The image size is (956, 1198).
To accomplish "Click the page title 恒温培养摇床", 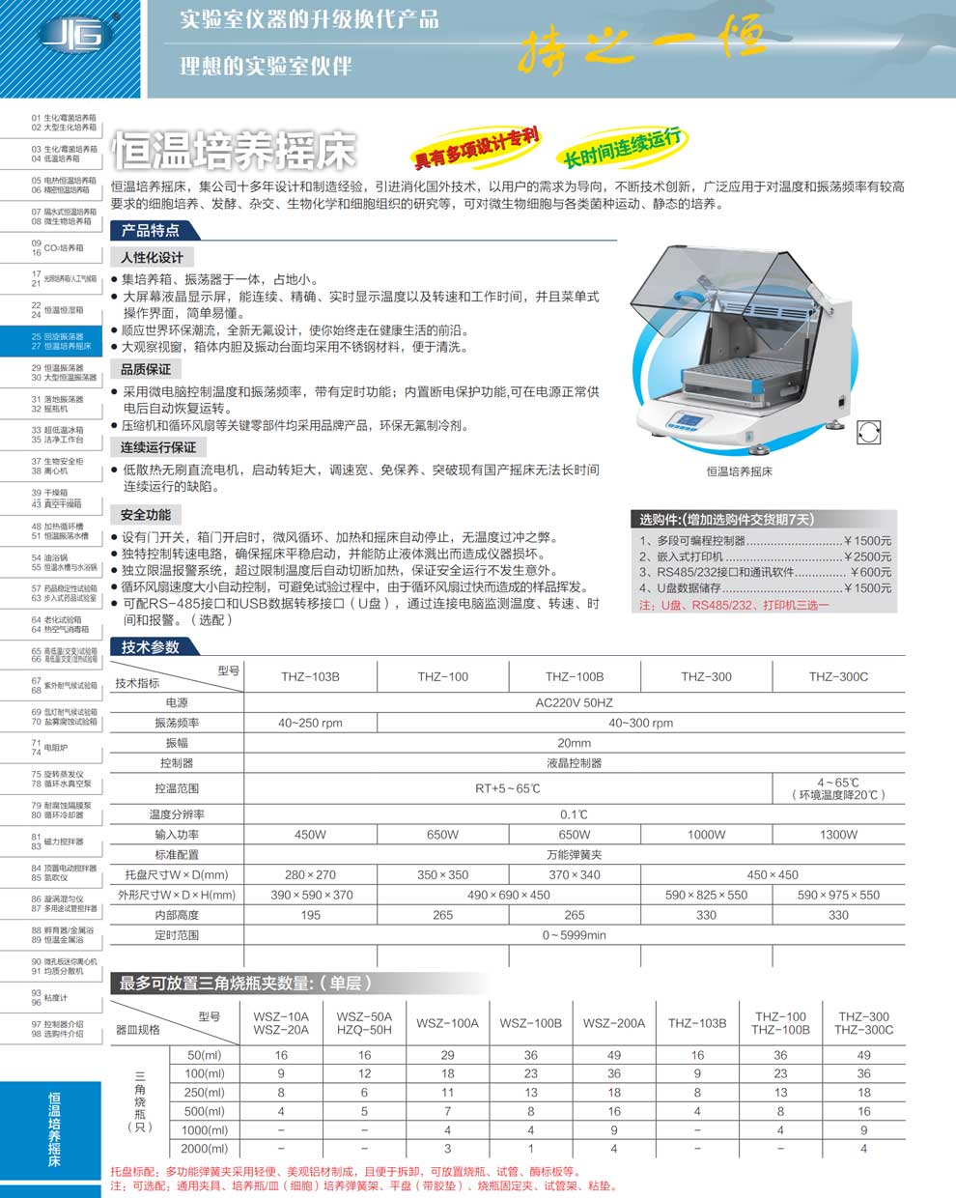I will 234,150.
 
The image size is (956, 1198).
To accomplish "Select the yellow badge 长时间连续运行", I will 622,148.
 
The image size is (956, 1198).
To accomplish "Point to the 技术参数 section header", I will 151,647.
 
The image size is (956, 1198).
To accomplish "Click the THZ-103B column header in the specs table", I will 310,676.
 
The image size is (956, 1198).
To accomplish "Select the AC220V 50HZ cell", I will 574,703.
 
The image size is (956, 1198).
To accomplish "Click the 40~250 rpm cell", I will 310,723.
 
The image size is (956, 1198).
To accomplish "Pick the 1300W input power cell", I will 838,835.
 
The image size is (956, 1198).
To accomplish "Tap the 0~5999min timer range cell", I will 574,935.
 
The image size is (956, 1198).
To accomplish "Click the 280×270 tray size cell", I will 310,874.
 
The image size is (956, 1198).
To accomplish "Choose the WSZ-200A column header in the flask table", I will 614,1023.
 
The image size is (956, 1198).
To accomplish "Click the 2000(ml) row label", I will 204,1149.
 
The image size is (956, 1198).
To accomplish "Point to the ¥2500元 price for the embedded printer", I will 867,556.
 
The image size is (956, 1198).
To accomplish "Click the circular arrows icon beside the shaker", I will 868,431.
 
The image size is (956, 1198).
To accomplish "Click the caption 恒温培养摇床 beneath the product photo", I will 739,471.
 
